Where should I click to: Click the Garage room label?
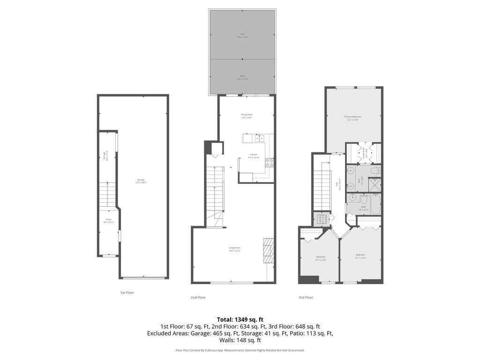[141, 181]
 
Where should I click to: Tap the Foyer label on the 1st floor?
[108, 221]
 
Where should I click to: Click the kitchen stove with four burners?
[270, 163]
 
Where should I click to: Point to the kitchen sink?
[259, 138]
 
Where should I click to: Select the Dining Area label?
[247, 116]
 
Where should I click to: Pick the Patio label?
[242, 77]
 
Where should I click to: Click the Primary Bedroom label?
[352, 118]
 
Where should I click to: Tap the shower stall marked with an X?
[375, 185]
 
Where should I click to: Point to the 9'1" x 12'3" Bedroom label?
[360, 257]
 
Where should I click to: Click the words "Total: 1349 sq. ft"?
[240, 320]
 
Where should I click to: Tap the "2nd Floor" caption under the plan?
[198, 297]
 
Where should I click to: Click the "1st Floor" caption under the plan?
[127, 292]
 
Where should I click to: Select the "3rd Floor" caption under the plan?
[306, 297]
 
